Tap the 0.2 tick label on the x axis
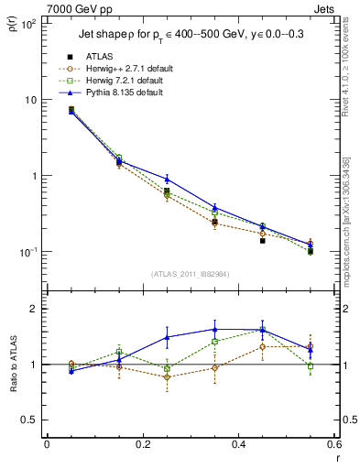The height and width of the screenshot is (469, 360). [142, 445]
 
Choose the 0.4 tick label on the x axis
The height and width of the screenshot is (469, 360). [238, 445]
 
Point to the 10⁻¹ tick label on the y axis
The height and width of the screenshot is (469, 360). [27, 252]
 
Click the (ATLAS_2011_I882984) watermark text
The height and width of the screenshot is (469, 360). [191, 272]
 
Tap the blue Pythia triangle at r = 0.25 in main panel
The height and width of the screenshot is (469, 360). [167, 179]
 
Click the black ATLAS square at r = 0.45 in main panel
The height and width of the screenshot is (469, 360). [263, 241]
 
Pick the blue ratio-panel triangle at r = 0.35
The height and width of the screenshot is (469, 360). [214, 330]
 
